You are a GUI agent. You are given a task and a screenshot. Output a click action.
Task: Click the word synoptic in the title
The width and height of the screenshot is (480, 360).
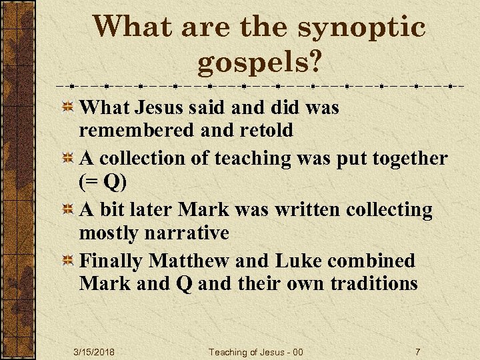point(361,28)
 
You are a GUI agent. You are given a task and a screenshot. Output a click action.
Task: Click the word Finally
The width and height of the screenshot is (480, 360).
point(111,261)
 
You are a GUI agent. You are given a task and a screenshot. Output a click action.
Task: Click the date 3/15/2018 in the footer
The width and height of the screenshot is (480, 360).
point(93,352)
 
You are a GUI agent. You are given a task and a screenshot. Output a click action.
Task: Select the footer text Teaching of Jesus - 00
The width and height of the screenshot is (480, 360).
point(256,352)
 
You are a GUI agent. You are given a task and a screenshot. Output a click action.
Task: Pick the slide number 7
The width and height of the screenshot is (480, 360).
point(417,352)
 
